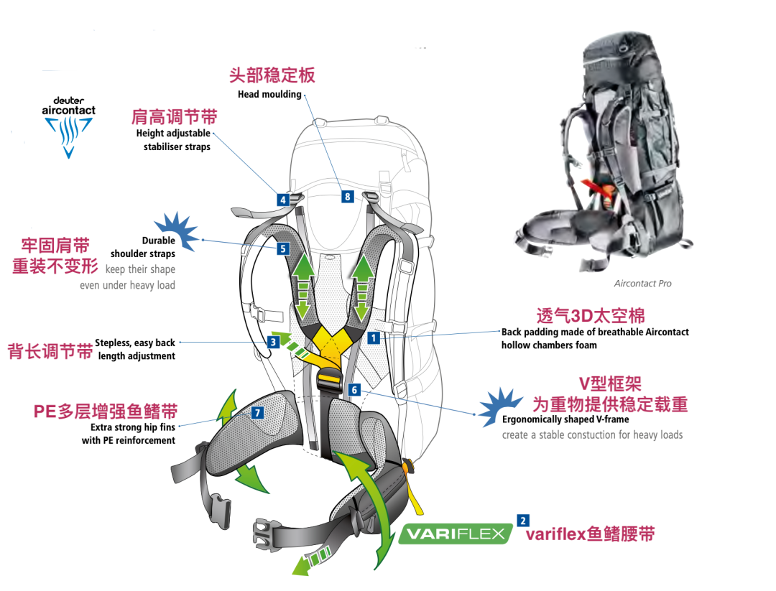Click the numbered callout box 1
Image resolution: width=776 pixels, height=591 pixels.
click(373, 337)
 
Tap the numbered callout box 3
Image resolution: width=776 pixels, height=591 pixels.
click(273, 343)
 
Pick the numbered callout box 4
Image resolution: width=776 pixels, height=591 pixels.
click(283, 200)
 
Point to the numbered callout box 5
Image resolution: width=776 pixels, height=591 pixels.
click(282, 248)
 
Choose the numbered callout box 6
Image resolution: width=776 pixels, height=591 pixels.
click(354, 390)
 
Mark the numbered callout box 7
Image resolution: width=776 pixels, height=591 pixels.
click(257, 412)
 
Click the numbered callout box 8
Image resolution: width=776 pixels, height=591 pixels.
click(348, 196)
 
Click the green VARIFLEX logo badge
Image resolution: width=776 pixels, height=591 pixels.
click(456, 534)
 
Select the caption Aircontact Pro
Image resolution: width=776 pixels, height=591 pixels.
click(643, 284)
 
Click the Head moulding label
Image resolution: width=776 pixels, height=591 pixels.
click(269, 94)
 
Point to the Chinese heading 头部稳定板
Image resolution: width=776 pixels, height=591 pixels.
click(272, 75)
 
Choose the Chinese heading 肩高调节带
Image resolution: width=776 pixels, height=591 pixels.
click(174, 117)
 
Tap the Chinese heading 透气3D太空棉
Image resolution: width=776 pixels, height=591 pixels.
click(591, 316)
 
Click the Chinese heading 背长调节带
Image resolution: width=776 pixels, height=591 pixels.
click(50, 351)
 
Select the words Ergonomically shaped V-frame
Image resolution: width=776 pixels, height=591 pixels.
click(565, 419)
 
